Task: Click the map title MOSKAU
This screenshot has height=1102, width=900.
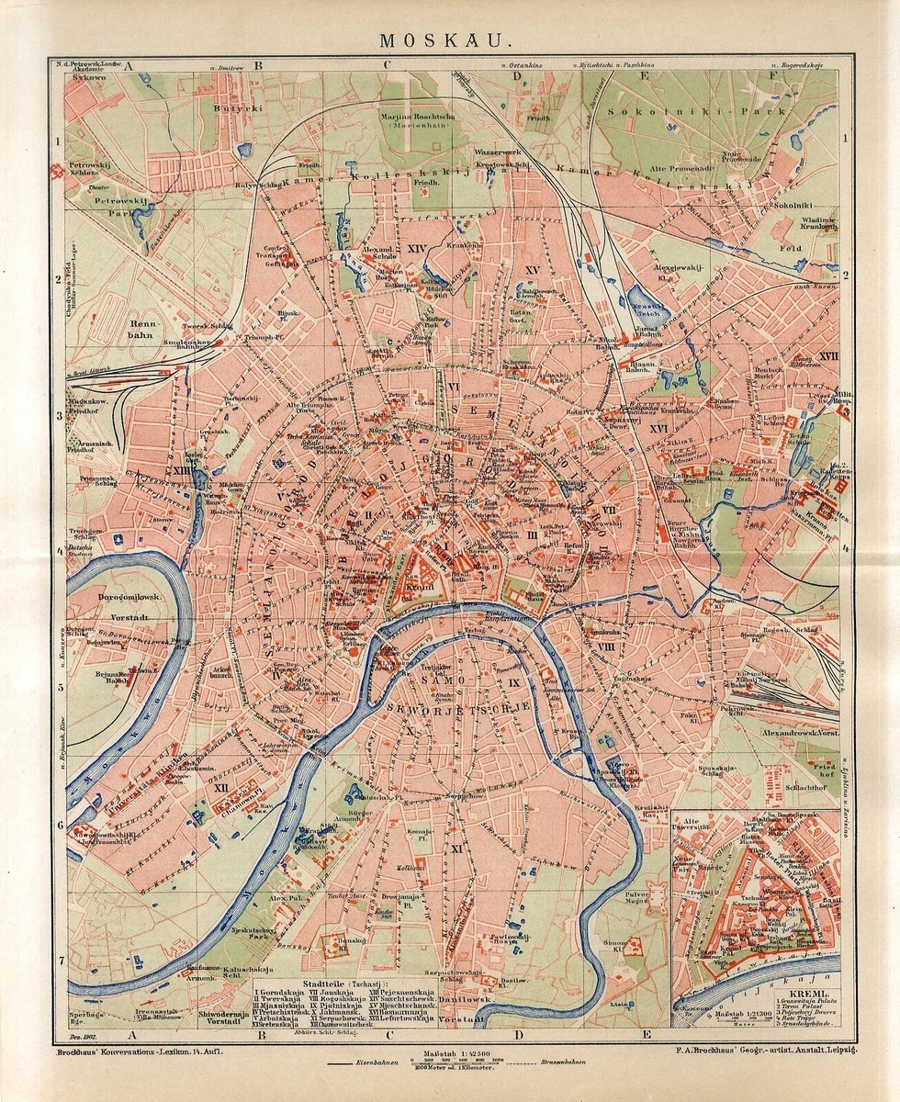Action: (x=450, y=41)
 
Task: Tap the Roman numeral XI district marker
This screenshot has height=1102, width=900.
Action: (x=456, y=849)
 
